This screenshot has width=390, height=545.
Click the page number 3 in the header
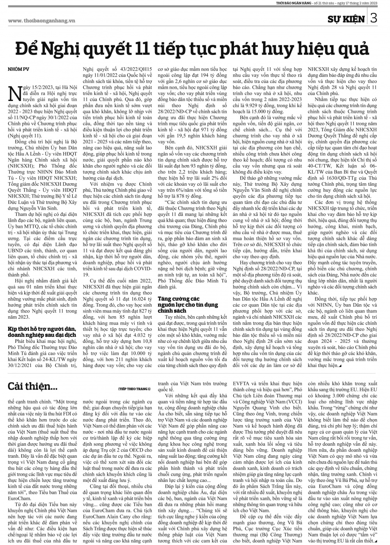[x=373, y=18]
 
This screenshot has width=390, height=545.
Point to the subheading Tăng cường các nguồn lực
[x=188, y=302]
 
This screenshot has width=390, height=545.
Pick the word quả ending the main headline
[x=353, y=49]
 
